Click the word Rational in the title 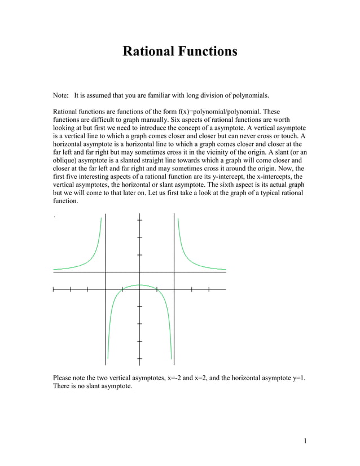click(x=148, y=52)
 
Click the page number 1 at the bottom click(x=304, y=441)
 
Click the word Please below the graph click(x=63, y=377)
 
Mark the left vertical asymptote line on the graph click(x=105, y=316)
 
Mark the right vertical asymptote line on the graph click(x=174, y=316)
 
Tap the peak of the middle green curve click(x=139, y=285)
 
